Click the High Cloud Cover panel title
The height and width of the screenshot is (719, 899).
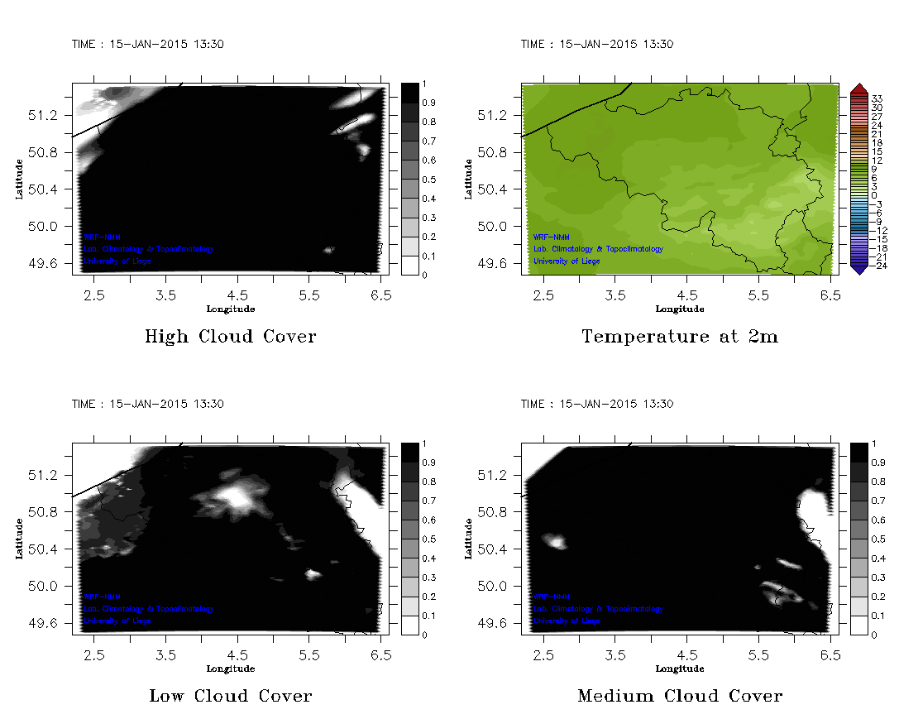click(230, 337)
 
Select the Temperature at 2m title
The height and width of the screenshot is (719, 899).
click(680, 337)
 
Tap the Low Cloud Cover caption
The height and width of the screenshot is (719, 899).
click(230, 696)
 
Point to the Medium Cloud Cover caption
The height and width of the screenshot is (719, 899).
click(680, 696)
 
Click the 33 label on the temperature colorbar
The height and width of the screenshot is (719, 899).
click(877, 98)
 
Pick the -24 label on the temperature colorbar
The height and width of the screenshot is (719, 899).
click(877, 266)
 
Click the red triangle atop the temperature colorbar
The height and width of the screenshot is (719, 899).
click(858, 89)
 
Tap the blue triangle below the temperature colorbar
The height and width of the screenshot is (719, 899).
click(858, 268)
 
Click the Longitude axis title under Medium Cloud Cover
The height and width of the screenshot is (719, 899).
click(680, 669)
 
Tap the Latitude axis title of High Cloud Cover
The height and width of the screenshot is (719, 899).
click(18, 179)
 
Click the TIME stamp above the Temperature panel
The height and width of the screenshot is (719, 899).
click(597, 45)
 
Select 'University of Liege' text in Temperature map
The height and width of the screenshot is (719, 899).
click(567, 261)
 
